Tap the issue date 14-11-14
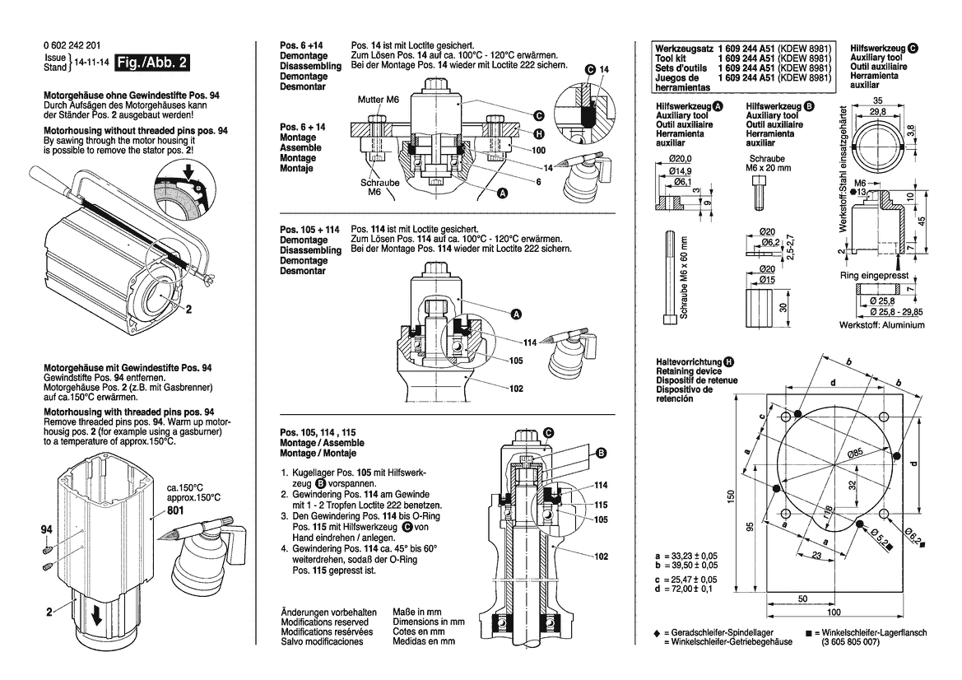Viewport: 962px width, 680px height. tap(92, 63)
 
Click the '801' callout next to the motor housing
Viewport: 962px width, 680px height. tap(174, 510)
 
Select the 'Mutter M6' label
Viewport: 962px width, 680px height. tap(378, 100)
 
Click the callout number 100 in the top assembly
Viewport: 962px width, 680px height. tap(539, 151)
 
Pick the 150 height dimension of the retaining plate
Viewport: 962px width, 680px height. tap(730, 499)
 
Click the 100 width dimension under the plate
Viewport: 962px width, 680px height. tap(834, 612)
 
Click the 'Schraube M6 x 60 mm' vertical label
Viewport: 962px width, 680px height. tap(683, 277)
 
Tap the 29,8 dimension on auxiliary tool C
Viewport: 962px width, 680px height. tap(877, 111)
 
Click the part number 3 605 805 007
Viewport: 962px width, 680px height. tap(857, 641)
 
